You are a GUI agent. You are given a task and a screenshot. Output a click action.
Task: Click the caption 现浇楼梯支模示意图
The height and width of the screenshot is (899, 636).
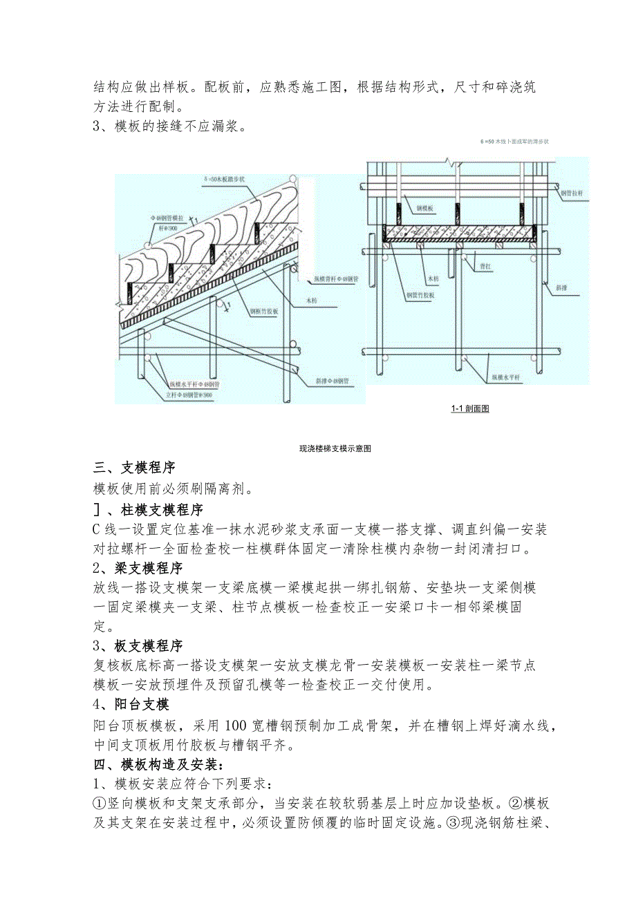[335, 448]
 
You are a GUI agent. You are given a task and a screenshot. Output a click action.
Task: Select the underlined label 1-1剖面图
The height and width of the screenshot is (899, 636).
[469, 408]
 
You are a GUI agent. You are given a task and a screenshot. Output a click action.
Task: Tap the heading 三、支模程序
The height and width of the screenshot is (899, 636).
[134, 468]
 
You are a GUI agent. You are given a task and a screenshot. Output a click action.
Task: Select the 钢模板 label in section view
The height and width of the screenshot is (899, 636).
[427, 207]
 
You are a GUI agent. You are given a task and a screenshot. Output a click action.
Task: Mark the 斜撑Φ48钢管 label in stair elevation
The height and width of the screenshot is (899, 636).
[332, 381]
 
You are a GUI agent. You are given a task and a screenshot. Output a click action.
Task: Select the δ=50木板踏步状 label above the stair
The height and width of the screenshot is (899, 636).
[229, 178]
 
